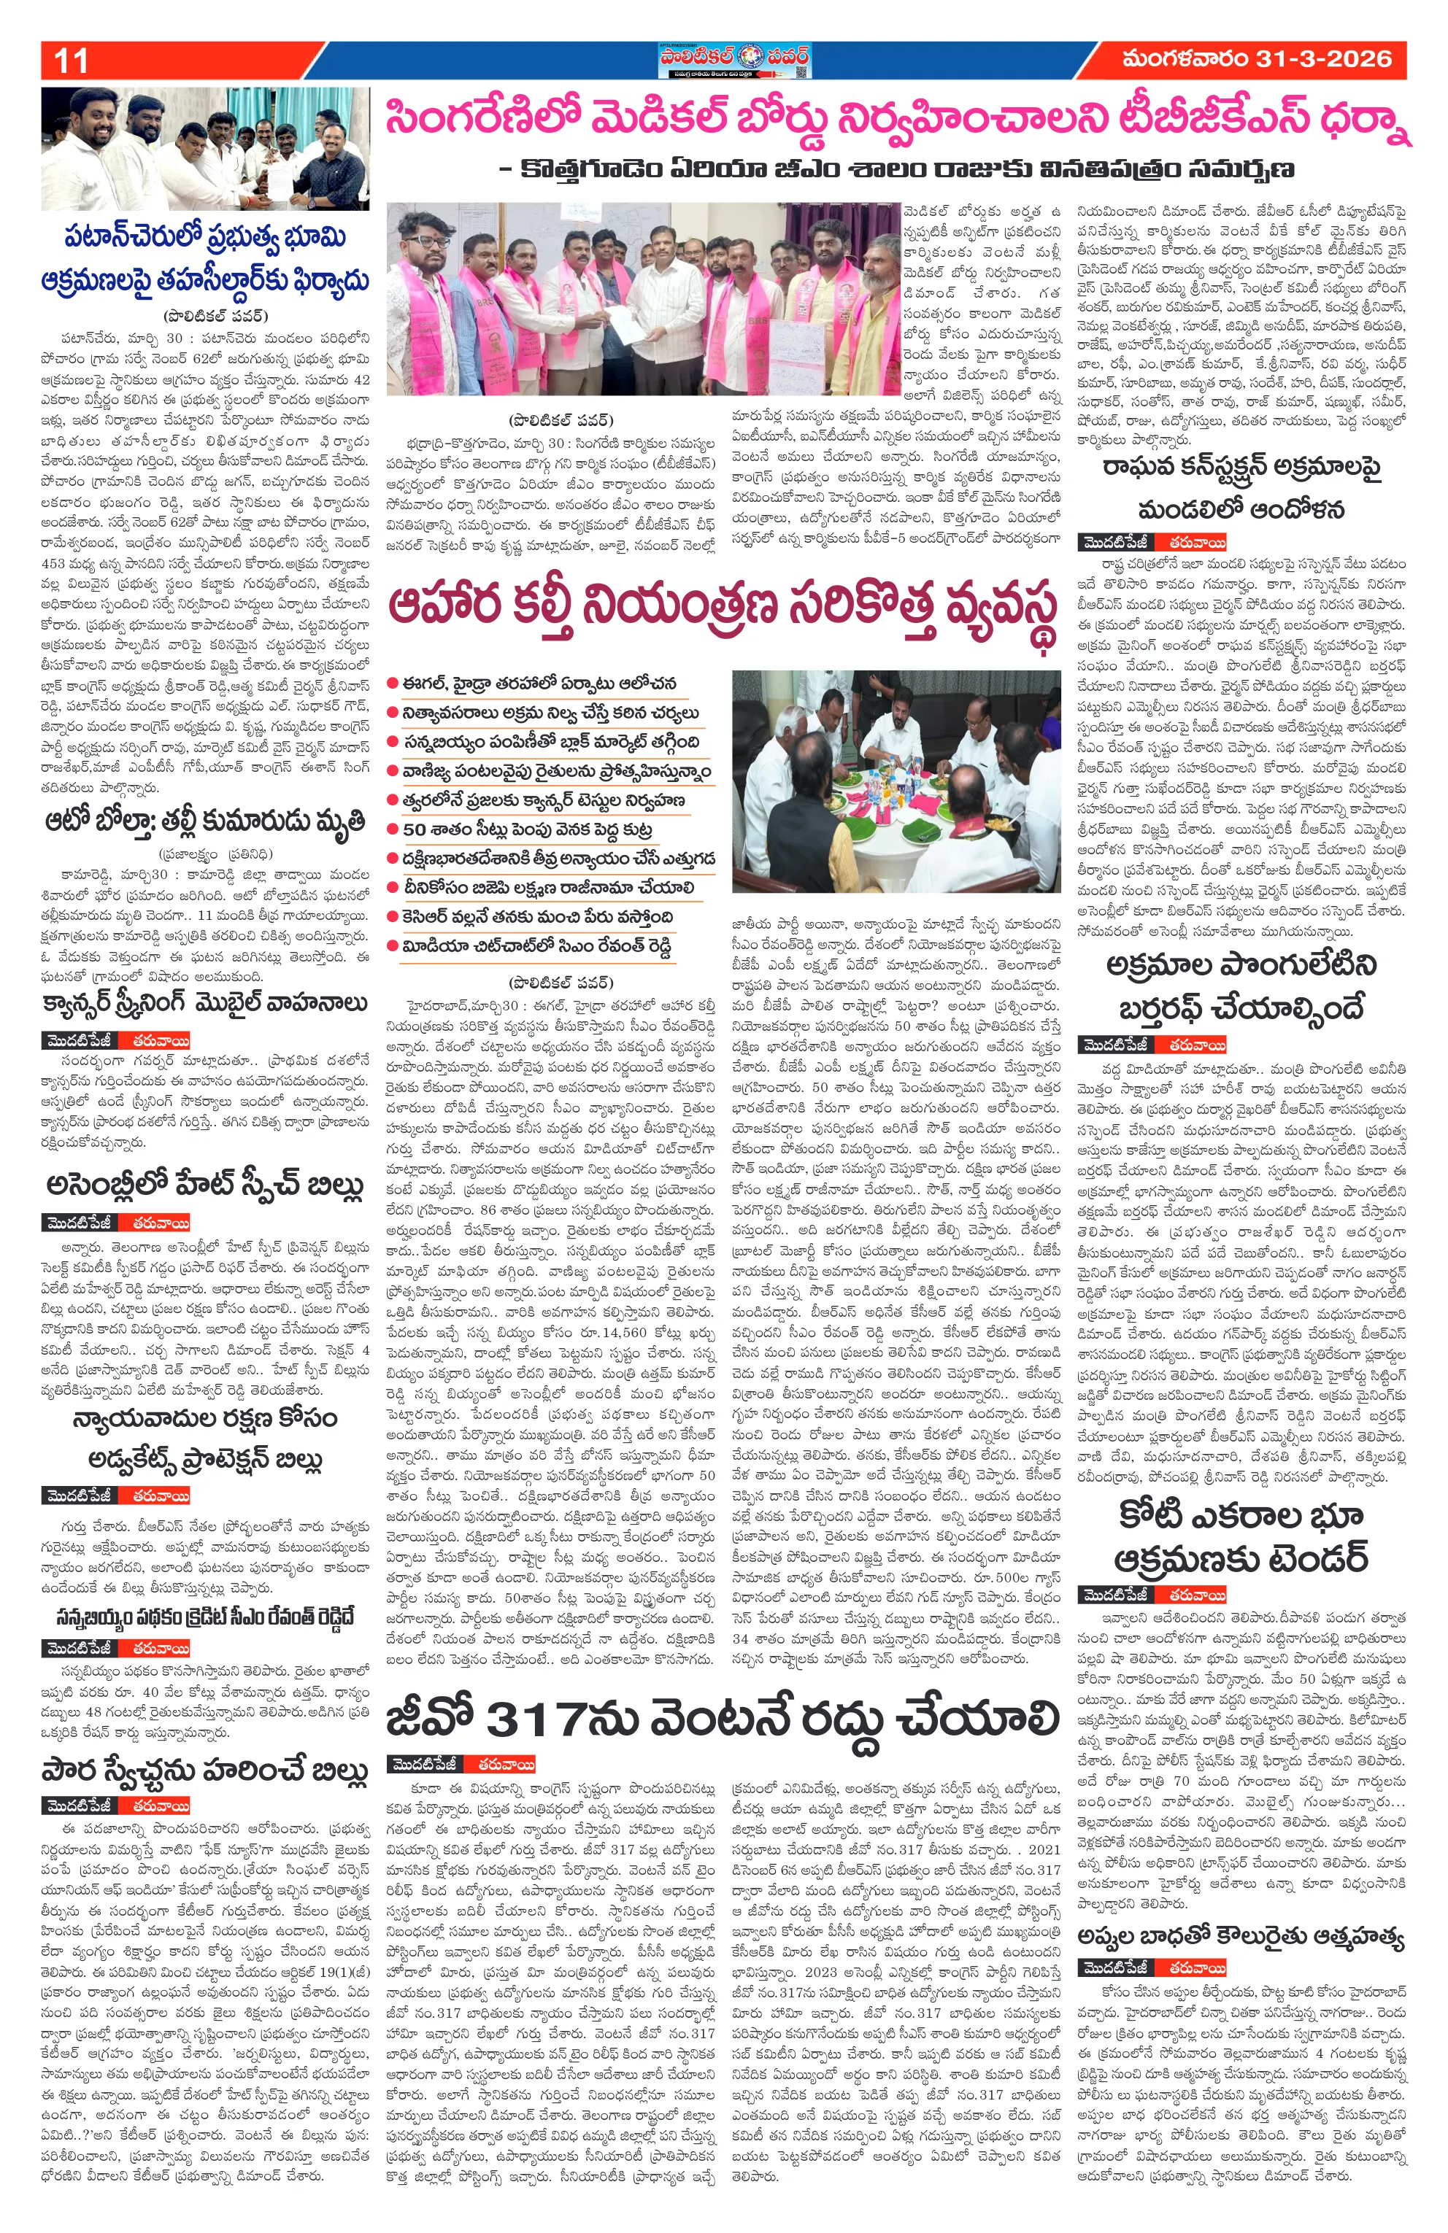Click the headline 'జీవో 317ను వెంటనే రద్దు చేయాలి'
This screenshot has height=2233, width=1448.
[723, 1718]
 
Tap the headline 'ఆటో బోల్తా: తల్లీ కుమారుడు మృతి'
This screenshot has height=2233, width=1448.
[204, 822]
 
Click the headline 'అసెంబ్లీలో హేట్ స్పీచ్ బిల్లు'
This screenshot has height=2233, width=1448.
[204, 1185]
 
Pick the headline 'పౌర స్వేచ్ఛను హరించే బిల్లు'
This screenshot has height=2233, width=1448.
[204, 1770]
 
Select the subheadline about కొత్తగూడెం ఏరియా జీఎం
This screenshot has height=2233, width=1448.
[896, 170]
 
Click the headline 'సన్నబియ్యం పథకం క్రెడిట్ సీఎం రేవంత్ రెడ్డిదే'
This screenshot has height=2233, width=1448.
[204, 1617]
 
